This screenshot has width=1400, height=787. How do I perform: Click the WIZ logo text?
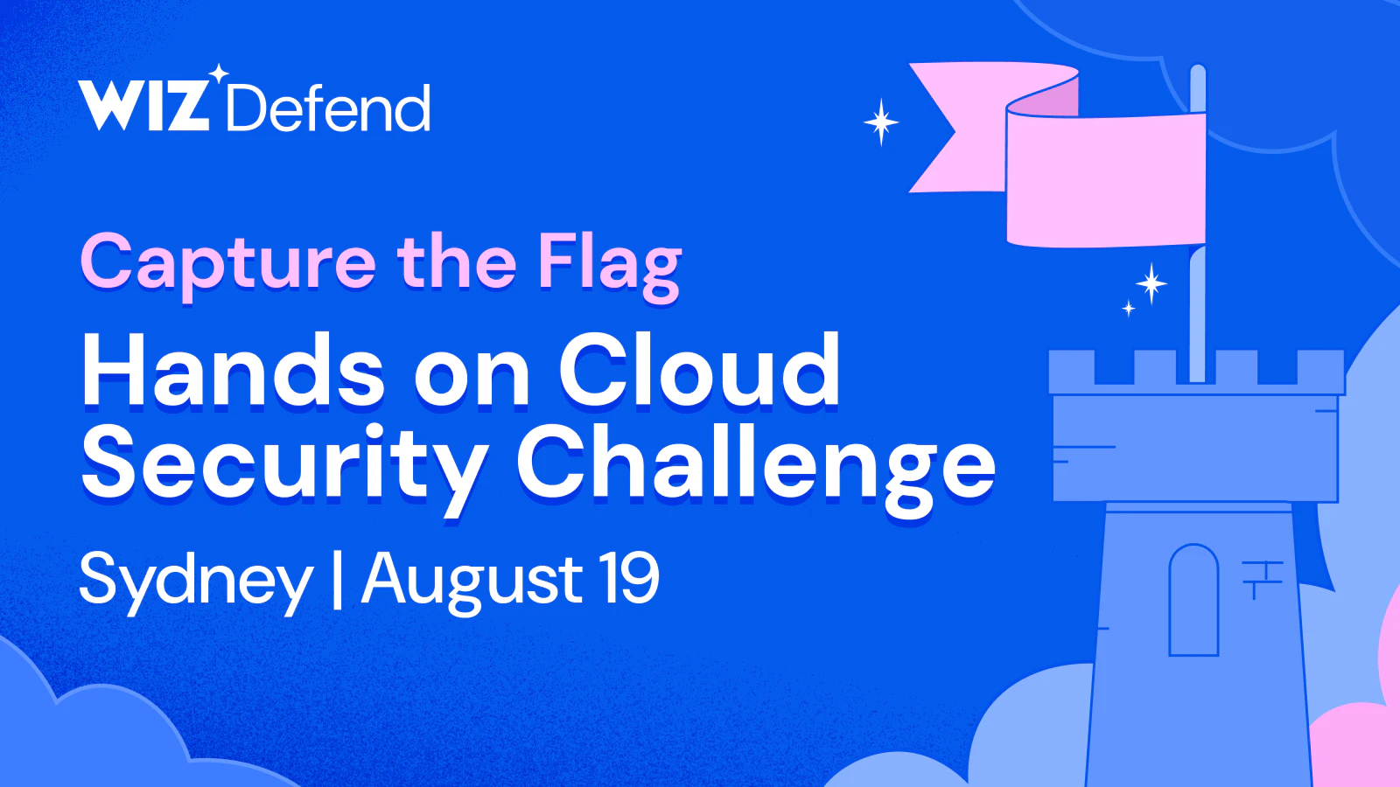(x=143, y=107)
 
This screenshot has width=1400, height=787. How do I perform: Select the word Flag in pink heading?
(x=610, y=265)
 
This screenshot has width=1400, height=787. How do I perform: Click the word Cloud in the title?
(x=699, y=371)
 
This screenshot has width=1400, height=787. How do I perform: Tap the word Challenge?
(x=756, y=466)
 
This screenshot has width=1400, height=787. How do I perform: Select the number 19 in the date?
(x=628, y=578)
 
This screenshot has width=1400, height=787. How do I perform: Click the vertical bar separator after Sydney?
(x=338, y=580)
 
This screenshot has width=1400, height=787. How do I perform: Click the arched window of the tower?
(x=1193, y=600)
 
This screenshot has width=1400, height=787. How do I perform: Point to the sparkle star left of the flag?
(x=881, y=122)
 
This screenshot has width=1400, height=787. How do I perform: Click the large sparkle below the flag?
(x=1151, y=283)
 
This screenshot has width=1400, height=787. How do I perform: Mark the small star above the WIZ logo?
(x=218, y=73)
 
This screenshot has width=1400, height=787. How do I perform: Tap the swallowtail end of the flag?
(x=937, y=128)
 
